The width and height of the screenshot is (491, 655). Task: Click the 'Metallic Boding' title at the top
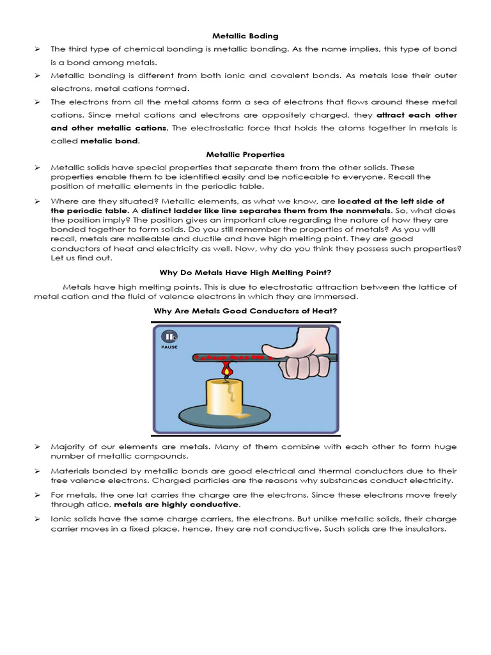point(245,36)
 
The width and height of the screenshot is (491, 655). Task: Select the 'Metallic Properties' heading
point(245,154)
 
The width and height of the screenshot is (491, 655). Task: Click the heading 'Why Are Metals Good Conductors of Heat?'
point(245,311)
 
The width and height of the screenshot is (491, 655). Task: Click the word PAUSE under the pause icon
point(169,347)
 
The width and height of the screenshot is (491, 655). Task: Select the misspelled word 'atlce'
point(97,504)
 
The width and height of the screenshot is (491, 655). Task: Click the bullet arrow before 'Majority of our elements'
point(37,447)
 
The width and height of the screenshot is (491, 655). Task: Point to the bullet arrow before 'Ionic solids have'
point(37,520)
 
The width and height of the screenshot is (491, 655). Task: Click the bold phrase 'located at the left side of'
point(391,201)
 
